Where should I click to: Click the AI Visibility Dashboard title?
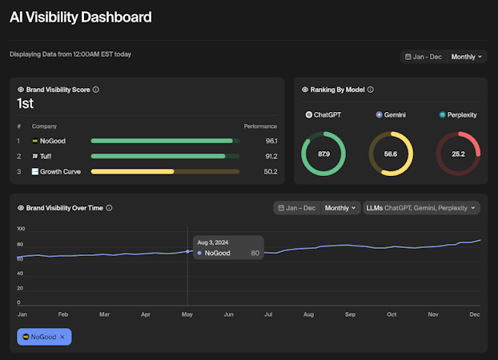click(x=80, y=17)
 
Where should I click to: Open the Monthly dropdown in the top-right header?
click(x=468, y=57)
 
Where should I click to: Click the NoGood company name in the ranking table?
click(x=54, y=141)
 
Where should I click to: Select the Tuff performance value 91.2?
click(x=271, y=156)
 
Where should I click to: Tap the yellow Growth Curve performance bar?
click(x=133, y=171)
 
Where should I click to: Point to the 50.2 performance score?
click(x=271, y=171)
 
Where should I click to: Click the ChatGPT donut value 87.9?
click(x=324, y=153)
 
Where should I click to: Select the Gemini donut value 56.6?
click(x=391, y=153)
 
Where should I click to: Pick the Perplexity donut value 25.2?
click(x=458, y=153)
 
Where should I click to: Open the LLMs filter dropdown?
click(x=422, y=208)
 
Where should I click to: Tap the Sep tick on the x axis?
click(x=349, y=315)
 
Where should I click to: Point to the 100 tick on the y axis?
click(x=22, y=228)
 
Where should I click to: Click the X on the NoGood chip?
click(x=62, y=337)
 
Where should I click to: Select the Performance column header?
click(x=260, y=126)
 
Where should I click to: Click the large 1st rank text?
click(x=25, y=103)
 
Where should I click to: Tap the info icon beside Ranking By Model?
click(x=371, y=90)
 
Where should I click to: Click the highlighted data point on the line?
click(x=188, y=251)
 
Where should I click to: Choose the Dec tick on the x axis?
click(x=474, y=315)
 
